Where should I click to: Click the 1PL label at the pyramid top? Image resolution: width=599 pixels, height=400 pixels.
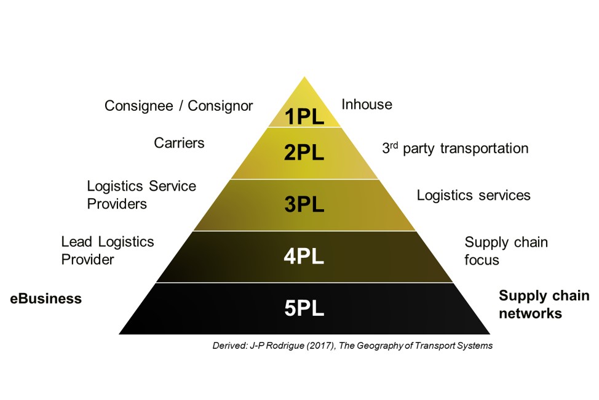click(x=304, y=116)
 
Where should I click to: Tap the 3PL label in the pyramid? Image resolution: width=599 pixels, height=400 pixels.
click(x=304, y=204)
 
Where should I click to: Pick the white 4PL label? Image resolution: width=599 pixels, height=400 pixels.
click(x=304, y=256)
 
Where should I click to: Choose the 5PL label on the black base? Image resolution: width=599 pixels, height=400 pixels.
click(x=304, y=308)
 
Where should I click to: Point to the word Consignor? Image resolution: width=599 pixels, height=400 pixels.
click(x=220, y=106)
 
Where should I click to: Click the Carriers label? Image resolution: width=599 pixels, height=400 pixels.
click(x=179, y=143)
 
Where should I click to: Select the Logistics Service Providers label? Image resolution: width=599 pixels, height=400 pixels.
click(x=141, y=194)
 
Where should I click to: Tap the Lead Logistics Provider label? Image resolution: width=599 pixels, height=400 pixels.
click(x=108, y=250)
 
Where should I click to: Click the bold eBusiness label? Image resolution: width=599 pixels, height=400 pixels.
click(x=46, y=299)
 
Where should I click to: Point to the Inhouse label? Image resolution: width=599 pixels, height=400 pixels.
click(x=367, y=105)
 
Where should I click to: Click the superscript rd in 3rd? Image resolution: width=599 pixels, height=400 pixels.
click(x=394, y=145)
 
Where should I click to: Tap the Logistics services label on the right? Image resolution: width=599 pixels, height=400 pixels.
click(x=474, y=196)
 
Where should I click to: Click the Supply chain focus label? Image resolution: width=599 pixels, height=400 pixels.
click(x=506, y=251)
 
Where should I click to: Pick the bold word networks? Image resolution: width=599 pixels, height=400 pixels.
click(x=530, y=314)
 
